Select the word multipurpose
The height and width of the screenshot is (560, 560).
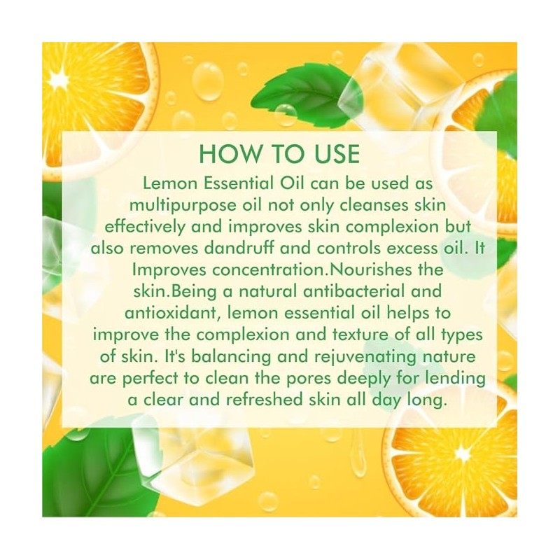pos(183,206)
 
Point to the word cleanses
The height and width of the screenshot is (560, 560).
pos(374,205)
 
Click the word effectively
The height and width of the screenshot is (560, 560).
pos(145,227)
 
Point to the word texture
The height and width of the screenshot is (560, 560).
pos(361,335)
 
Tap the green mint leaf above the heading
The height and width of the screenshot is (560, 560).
pos(307,94)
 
